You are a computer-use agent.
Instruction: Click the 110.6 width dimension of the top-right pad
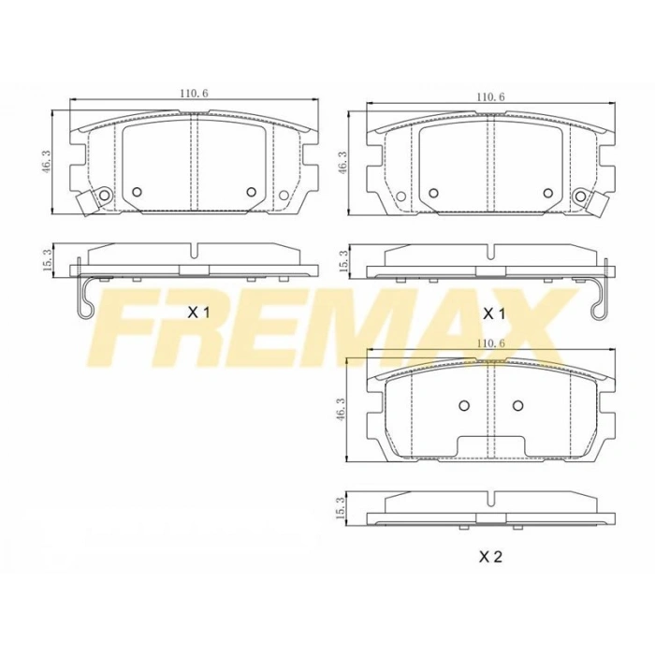point(489,96)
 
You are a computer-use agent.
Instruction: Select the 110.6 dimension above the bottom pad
point(490,344)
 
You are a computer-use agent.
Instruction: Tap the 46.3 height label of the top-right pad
point(342,161)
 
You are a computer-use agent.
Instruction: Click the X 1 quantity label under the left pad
point(197,313)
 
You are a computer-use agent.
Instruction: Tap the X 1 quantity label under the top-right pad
point(492,313)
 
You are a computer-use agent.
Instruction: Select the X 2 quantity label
point(491,559)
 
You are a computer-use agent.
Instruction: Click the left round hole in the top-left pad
point(137,192)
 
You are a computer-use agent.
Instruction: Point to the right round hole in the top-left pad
point(251,192)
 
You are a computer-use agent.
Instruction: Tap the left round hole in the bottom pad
point(463,406)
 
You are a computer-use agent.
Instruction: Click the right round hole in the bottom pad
point(517,406)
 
